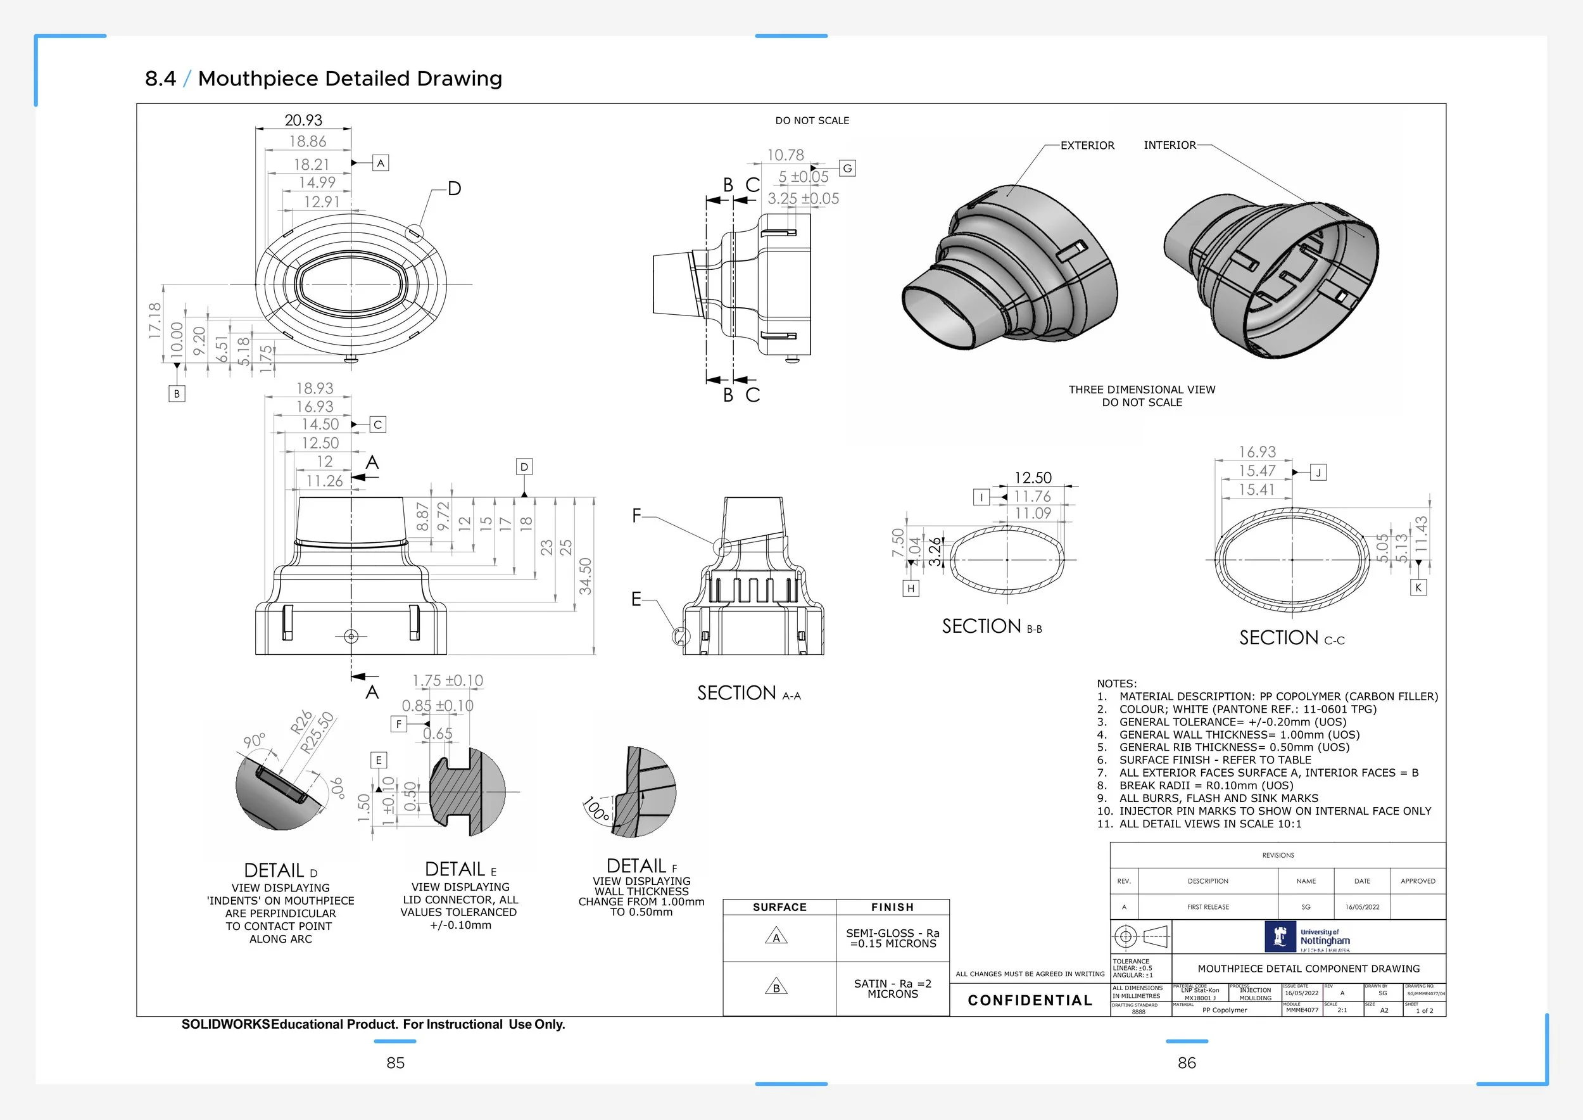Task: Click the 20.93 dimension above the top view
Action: [x=303, y=120]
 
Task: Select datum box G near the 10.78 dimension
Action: [x=847, y=169]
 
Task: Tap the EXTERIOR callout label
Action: [x=1087, y=146]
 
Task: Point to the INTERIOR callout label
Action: [x=1170, y=145]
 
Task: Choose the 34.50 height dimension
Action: [x=585, y=576]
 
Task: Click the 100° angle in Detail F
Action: [x=596, y=809]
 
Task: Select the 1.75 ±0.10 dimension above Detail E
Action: [x=448, y=681]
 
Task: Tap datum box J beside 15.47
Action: [x=1318, y=473]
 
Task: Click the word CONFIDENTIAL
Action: [x=1030, y=1001]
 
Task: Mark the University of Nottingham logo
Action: [x=1308, y=938]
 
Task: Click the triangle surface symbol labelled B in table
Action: [x=776, y=988]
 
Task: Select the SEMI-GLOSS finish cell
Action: [x=892, y=938]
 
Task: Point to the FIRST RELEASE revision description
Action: [x=1208, y=907]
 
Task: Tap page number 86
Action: [x=1187, y=1063]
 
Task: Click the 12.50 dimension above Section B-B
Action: [x=1033, y=478]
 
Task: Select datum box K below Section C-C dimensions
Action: [x=1418, y=588]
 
